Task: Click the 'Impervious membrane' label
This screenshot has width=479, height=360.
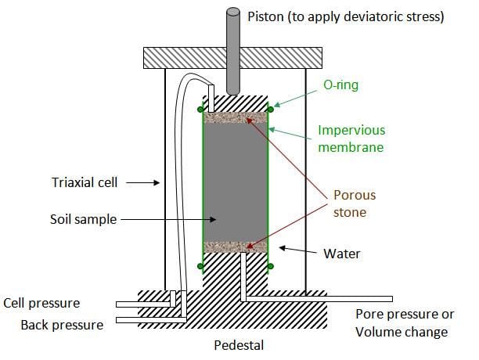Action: point(361,139)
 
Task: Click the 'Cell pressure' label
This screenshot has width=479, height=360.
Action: point(42,303)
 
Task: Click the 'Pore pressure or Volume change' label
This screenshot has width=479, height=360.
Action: point(405,323)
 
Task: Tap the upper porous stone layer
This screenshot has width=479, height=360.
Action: point(235,118)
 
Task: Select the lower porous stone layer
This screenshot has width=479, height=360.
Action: point(235,247)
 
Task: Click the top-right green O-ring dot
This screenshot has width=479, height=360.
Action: point(271,109)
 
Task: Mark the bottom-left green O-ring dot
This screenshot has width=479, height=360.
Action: point(200,267)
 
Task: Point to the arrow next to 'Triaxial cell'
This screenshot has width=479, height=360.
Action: point(142,183)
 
